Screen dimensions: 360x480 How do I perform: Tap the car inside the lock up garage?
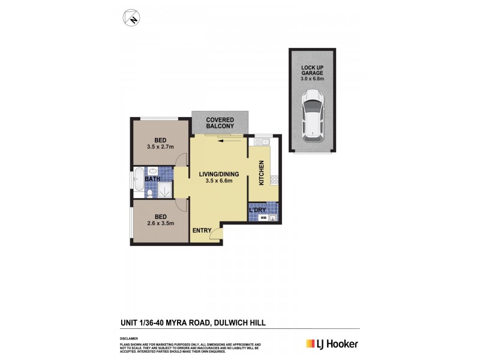point(313,115)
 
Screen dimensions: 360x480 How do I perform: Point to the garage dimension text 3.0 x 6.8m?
point(313,79)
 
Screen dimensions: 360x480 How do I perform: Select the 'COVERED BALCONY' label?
point(220,123)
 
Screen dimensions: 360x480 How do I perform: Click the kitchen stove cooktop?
point(274,179)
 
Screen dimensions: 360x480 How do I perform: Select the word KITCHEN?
point(262,173)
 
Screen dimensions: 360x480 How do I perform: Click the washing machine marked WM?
point(263,218)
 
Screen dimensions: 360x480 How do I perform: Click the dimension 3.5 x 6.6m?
point(219,181)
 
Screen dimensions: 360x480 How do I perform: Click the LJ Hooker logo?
point(332,344)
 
